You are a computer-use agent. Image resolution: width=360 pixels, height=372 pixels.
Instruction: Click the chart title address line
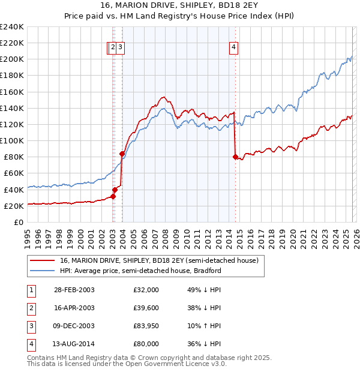[180, 6]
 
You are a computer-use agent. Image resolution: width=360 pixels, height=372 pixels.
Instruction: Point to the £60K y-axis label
[13, 173]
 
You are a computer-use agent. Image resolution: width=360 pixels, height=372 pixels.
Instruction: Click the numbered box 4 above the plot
[233, 49]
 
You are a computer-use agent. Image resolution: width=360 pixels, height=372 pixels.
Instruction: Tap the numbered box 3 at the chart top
[120, 49]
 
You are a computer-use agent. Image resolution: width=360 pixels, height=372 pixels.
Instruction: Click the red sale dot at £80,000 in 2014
[235, 157]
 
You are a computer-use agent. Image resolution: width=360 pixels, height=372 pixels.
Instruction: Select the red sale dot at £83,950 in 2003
[122, 154]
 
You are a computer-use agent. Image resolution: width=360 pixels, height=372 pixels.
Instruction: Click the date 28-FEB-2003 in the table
[73, 290]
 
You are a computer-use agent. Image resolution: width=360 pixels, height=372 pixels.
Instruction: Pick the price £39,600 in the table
[146, 308]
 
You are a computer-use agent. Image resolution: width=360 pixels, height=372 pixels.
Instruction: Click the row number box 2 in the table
[31, 308]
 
